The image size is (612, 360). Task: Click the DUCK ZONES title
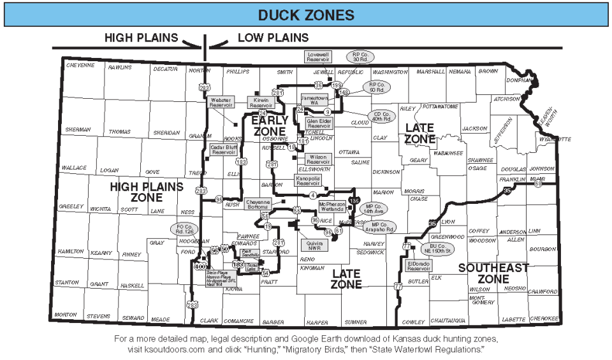click(305, 15)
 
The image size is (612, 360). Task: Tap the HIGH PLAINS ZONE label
click(147, 192)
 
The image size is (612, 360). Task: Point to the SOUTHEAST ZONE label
click(493, 273)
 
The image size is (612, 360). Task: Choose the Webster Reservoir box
click(221, 102)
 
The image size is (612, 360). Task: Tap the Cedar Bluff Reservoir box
click(224, 150)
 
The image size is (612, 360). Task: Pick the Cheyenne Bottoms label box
click(258, 204)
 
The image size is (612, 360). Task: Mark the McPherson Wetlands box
click(332, 206)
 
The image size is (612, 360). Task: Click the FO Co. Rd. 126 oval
click(185, 229)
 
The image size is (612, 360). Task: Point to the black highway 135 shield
click(354, 201)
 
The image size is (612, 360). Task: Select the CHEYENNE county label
click(80, 65)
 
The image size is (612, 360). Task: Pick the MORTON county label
click(66, 315)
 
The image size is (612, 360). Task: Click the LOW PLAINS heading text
click(273, 38)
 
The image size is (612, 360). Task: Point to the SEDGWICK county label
click(370, 252)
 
